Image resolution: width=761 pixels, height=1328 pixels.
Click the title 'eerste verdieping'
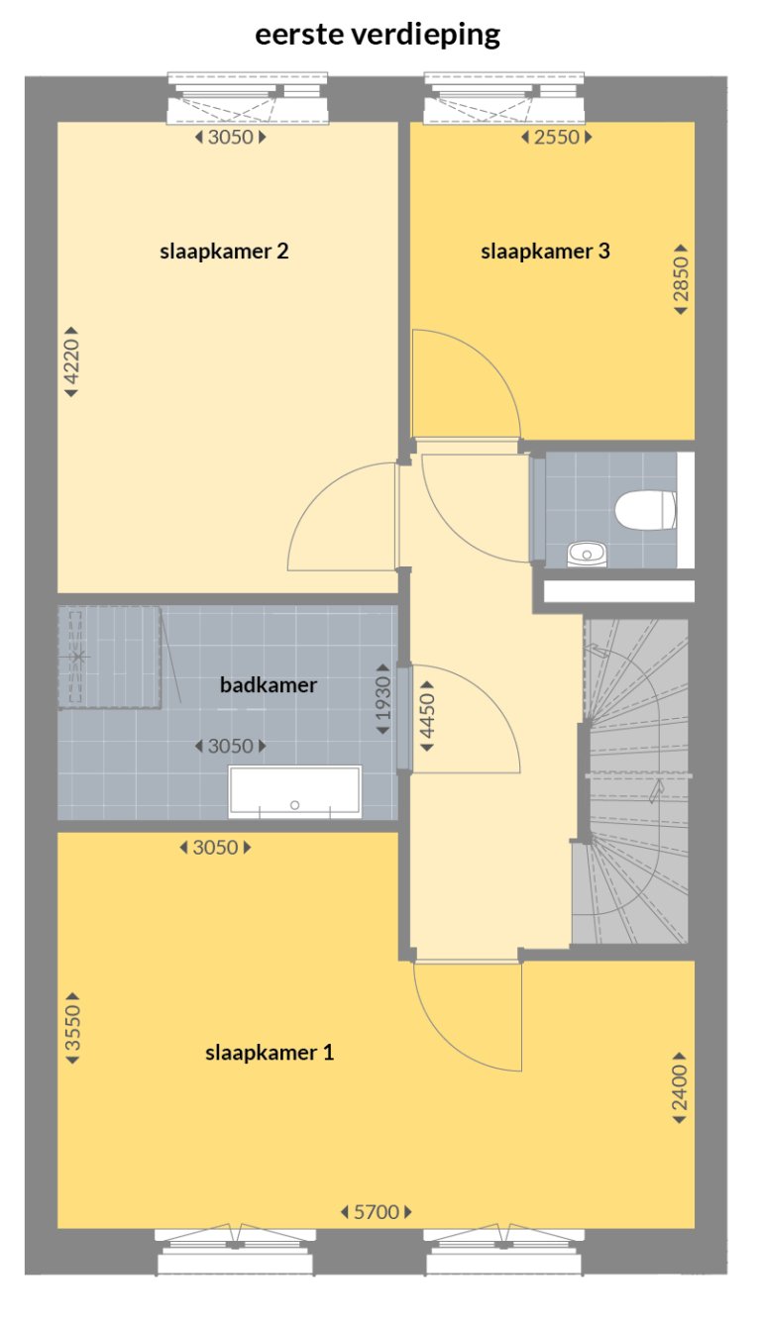(x=378, y=36)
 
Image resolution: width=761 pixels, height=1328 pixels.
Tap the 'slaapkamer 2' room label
(x=224, y=252)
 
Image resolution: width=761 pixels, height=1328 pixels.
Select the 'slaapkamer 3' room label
(x=545, y=252)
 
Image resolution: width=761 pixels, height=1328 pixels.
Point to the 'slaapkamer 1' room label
(x=270, y=1053)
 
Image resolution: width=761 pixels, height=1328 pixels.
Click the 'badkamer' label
(x=268, y=685)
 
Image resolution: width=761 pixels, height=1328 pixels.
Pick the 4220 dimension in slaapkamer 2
(x=71, y=362)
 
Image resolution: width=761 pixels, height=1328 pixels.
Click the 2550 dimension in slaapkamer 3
(x=556, y=138)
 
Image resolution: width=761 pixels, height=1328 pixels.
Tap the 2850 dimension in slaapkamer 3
(x=681, y=279)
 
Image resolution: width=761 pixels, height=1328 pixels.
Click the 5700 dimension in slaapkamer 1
(x=376, y=1211)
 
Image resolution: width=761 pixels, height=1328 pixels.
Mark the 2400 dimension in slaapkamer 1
(x=680, y=1087)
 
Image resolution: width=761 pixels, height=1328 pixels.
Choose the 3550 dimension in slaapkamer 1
(x=71, y=1030)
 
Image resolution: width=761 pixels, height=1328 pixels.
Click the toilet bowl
(x=644, y=511)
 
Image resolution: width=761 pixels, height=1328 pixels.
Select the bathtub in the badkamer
(x=294, y=792)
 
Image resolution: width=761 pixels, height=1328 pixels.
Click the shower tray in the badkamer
(x=108, y=658)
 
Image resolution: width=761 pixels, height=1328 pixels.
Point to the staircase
(x=634, y=782)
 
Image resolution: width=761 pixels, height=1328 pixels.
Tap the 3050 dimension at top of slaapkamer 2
(x=231, y=138)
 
